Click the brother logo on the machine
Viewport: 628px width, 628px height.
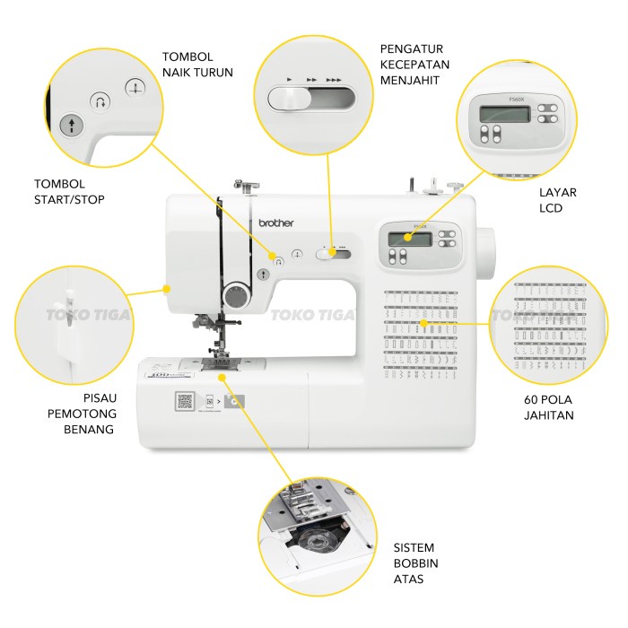click(x=275, y=222)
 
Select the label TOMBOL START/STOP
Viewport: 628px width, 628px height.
click(x=68, y=191)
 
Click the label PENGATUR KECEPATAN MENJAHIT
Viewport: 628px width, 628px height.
click(x=414, y=64)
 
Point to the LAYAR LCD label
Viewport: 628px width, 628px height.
click(x=558, y=200)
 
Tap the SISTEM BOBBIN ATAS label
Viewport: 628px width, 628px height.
click(x=414, y=563)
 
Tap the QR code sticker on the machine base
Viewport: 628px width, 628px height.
click(x=185, y=401)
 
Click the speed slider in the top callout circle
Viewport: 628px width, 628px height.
click(x=311, y=96)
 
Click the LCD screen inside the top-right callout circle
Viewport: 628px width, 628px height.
click(x=503, y=114)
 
